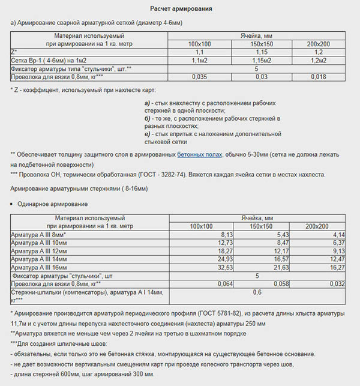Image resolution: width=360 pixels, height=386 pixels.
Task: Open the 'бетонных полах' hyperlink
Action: point(199,155)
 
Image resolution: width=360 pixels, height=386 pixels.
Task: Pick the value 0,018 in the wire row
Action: point(319,77)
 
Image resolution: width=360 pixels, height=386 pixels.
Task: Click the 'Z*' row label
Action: point(14,53)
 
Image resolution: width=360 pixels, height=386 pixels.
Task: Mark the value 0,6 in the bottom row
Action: point(257,292)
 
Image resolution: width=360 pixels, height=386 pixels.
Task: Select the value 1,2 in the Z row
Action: point(319,53)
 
